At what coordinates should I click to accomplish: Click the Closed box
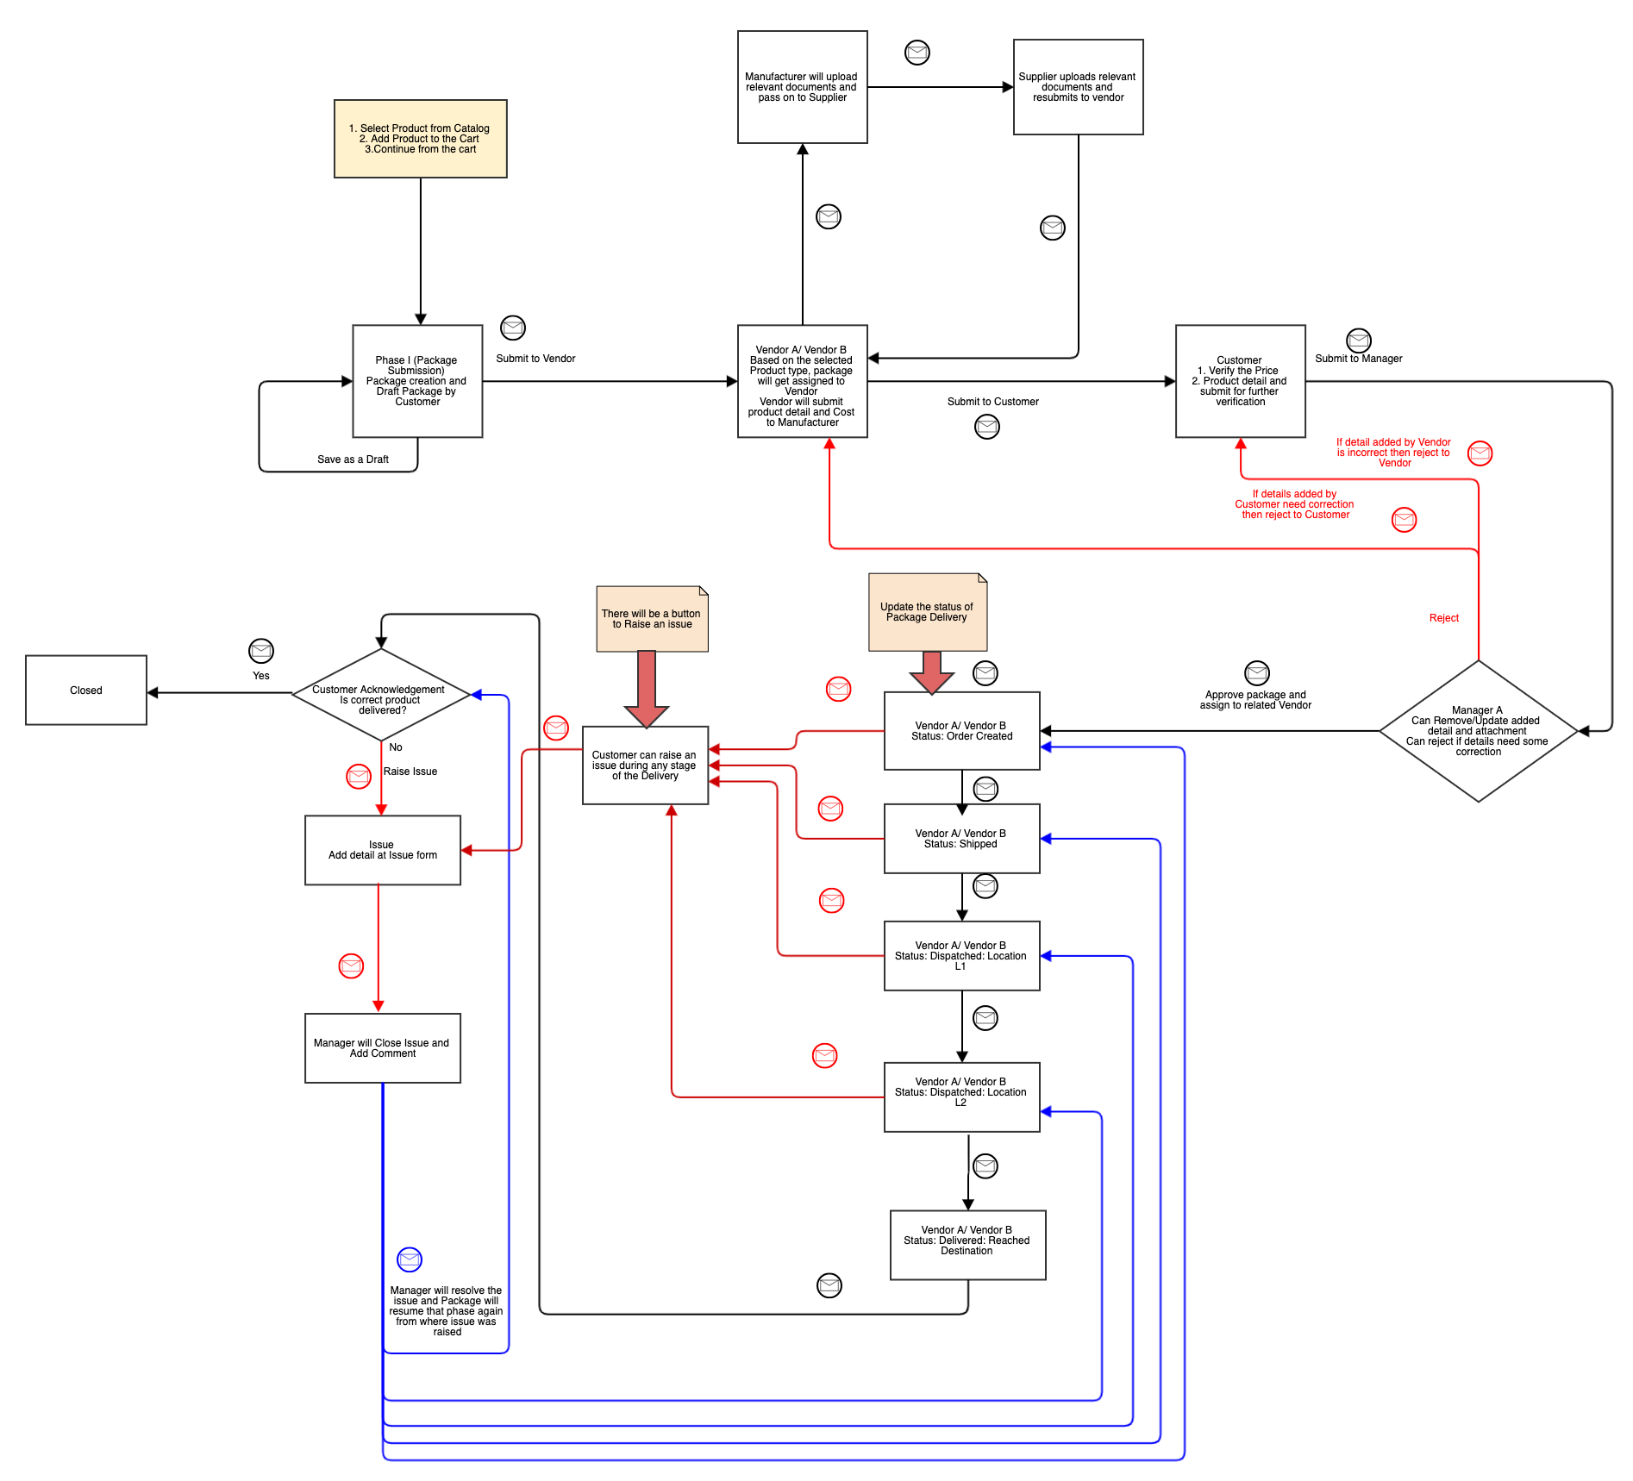coord(86,690)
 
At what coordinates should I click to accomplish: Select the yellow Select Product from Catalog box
coord(420,139)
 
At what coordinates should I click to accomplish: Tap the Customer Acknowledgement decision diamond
coord(380,695)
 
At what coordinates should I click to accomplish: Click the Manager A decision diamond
coord(1478,731)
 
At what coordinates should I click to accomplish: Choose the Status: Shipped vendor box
coord(961,839)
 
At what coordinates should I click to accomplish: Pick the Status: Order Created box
coord(961,731)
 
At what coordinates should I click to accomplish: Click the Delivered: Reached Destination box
coord(967,1245)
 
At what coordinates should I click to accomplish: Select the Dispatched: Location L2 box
coord(961,1097)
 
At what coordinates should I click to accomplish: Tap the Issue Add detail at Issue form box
coord(382,850)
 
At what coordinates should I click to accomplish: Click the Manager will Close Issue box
coord(382,1048)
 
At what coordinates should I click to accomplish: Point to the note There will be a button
coord(652,620)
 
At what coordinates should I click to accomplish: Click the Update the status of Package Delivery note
coord(927,612)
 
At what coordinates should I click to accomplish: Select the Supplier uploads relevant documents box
coord(1078,87)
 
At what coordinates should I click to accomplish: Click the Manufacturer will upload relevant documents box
coord(802,87)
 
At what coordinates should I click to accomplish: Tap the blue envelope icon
coord(410,1259)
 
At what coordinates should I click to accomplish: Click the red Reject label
coord(1443,618)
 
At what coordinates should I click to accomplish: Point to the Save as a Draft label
coord(353,459)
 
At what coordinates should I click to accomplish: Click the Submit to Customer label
coord(992,402)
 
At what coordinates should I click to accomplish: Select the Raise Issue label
coord(410,772)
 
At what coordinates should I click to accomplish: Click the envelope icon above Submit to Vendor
coord(513,328)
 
